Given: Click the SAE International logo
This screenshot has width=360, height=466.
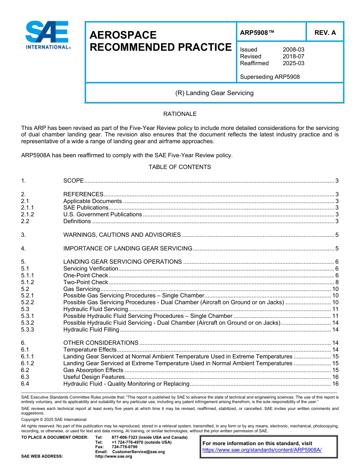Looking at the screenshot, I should [x=47, y=35].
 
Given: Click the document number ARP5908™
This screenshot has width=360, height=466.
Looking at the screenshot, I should [x=257, y=33].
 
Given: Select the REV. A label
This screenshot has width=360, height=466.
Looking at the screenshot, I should [x=325, y=33].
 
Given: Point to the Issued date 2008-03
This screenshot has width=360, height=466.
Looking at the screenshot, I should [x=293, y=50].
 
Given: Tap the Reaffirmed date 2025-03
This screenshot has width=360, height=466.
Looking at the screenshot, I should [x=293, y=63].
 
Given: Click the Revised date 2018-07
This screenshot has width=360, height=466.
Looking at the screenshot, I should [x=293, y=56].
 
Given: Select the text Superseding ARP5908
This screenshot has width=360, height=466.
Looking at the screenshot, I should [x=270, y=77].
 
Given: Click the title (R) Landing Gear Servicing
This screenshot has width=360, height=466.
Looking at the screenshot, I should [x=214, y=93].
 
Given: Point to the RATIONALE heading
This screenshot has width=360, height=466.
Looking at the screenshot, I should [x=180, y=114].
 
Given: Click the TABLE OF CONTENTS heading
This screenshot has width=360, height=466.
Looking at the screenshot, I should [x=180, y=167].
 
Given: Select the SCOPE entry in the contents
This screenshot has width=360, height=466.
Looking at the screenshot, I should [x=74, y=181].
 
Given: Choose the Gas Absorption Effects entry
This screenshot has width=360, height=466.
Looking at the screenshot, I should [x=93, y=370].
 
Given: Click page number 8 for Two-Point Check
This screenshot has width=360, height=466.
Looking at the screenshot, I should [x=337, y=282].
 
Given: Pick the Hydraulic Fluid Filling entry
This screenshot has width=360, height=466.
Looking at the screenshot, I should [x=91, y=330].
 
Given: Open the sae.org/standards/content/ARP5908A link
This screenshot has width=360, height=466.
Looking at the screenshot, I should [x=262, y=450].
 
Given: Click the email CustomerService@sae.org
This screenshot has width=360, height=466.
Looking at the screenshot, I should [x=138, y=452].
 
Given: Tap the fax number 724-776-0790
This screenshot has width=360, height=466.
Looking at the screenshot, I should [x=124, y=447].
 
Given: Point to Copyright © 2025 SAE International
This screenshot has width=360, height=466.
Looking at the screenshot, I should [x=54, y=419].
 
